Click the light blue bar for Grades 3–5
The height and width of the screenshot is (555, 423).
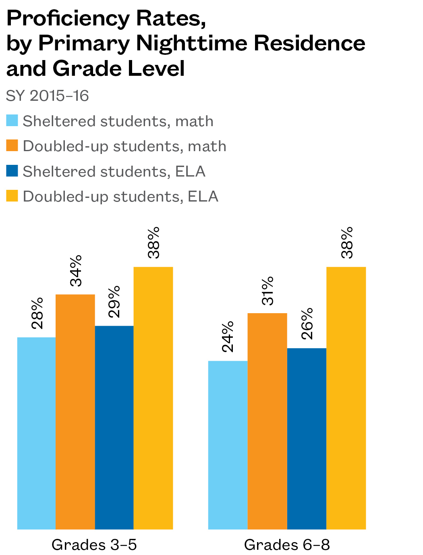coord(36,433)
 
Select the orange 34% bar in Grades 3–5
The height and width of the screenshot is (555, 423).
coord(75,412)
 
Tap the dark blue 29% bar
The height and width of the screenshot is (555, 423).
coord(114,427)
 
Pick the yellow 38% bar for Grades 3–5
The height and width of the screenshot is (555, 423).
coord(153,398)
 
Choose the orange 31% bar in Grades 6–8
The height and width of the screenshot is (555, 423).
coord(267,421)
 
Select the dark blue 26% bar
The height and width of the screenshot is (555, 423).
coord(307,439)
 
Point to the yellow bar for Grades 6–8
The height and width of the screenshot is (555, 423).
coord(346,398)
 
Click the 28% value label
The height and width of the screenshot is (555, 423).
coord(37,314)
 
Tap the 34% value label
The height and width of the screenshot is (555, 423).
coord(76,270)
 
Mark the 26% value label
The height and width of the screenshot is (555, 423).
coord(307,324)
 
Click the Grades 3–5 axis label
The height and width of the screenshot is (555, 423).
coord(94,545)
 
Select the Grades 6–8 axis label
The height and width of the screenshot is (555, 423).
coord(287,545)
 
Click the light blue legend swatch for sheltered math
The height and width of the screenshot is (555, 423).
coord(12,121)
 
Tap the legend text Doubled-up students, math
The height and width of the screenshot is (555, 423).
coord(124,146)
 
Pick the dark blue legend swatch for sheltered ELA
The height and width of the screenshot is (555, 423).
coord(12,171)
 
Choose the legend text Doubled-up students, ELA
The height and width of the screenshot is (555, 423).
coord(120,196)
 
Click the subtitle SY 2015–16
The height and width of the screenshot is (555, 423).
coord(48,96)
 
